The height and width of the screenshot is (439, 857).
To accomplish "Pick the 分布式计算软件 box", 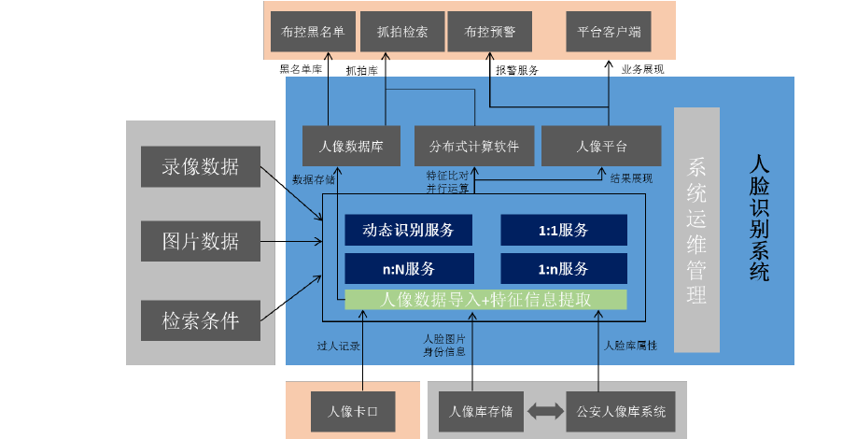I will [x=474, y=146].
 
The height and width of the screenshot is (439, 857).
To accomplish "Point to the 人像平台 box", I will [x=601, y=146].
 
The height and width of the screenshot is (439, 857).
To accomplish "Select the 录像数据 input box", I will [x=200, y=167].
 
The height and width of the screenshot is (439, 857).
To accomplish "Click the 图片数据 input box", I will [x=200, y=241].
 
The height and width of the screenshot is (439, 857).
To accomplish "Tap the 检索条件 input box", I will [x=200, y=320].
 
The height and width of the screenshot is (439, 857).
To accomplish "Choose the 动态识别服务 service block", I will [x=408, y=231].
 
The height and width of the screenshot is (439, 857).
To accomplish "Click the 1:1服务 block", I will [x=563, y=231].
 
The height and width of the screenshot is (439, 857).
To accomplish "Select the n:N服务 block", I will [x=408, y=269].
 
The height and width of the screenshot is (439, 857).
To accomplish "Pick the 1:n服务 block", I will [x=563, y=269].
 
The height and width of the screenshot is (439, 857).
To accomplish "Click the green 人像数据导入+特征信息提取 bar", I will [x=485, y=300].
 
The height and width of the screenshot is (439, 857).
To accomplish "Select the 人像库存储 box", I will [x=481, y=411].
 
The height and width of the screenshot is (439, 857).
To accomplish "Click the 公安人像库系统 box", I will [x=621, y=411].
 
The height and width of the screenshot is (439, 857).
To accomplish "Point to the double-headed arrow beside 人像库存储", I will [x=546, y=411].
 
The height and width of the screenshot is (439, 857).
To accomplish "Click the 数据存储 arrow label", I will [x=313, y=179].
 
